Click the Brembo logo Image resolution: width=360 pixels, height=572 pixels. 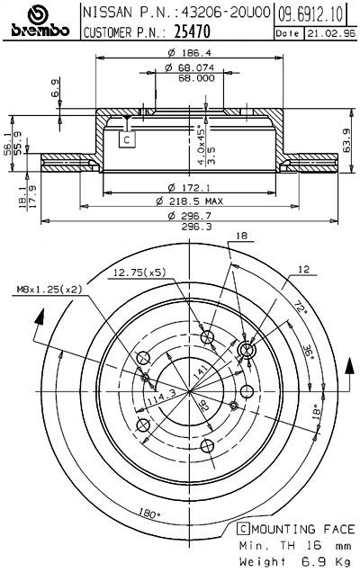(x=38, y=22)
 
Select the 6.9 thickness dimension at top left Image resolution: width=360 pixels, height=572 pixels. (x=55, y=88)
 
